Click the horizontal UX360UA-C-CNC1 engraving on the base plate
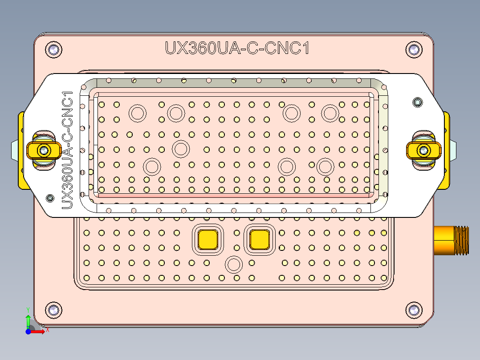(237, 48)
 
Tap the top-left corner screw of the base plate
(53, 49)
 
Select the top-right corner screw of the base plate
(414, 49)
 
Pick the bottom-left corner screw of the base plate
(53, 310)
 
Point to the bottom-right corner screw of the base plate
(414, 310)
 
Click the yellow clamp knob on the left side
(44, 151)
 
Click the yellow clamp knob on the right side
(423, 151)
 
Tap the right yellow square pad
(260, 240)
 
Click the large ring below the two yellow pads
(233, 265)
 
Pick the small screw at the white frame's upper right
(417, 102)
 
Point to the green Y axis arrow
(28, 321)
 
